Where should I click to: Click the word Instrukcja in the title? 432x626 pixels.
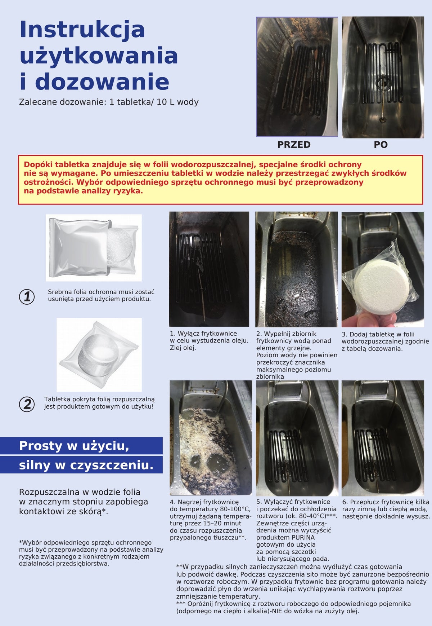pyautogui.click(x=82, y=30)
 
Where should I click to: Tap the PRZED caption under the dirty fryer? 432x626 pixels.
pyautogui.click(x=294, y=145)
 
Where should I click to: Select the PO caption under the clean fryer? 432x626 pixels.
pyautogui.click(x=381, y=145)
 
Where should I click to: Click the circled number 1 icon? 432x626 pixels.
pyautogui.click(x=27, y=296)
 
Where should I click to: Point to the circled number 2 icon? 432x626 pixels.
pyautogui.click(x=27, y=404)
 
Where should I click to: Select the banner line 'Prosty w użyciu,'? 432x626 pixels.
pyautogui.click(x=74, y=446)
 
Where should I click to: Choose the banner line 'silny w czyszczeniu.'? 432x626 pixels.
pyautogui.click(x=86, y=465)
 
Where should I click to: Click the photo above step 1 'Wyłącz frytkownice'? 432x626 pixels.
pyautogui.click(x=209, y=269)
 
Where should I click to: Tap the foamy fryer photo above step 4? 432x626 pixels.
pyautogui.click(x=211, y=438)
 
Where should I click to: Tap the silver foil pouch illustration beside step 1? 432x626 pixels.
pyautogui.click(x=94, y=248)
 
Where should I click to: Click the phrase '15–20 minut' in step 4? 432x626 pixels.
pyautogui.click(x=223, y=523)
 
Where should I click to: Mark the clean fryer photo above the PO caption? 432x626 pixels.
pyautogui.click(x=383, y=77)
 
